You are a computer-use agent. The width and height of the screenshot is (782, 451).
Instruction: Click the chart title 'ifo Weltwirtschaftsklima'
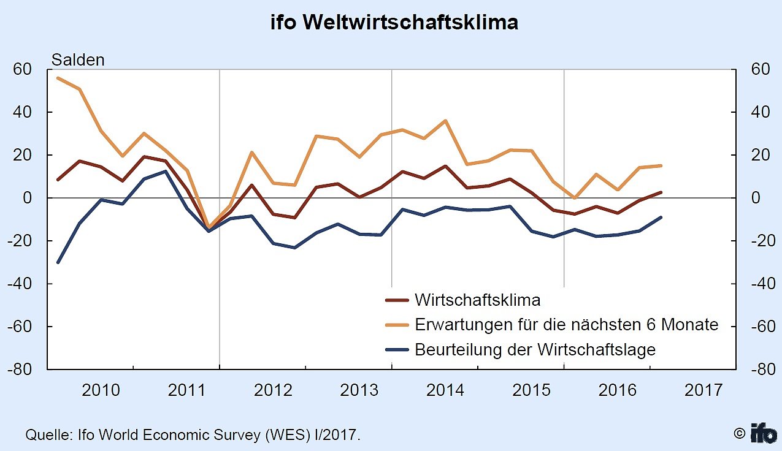click(x=394, y=23)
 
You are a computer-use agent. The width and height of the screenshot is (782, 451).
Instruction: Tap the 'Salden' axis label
click(x=78, y=60)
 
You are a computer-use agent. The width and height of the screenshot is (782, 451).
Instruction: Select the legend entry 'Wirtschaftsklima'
click(x=477, y=300)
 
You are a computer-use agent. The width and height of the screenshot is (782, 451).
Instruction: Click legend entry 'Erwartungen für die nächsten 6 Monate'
click(x=566, y=324)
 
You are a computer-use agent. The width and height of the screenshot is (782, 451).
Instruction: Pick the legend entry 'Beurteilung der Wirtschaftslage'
click(x=535, y=349)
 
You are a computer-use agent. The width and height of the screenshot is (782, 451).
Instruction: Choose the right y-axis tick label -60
click(x=759, y=327)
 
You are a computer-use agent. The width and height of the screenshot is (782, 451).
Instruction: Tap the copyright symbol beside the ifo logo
click(x=740, y=433)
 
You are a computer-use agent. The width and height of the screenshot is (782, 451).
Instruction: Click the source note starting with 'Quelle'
click(x=193, y=435)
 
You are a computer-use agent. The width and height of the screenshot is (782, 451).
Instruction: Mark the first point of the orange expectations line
click(x=58, y=78)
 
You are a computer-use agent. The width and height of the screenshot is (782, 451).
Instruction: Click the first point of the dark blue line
click(x=58, y=262)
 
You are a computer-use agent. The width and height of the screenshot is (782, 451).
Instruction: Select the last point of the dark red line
click(x=660, y=192)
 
